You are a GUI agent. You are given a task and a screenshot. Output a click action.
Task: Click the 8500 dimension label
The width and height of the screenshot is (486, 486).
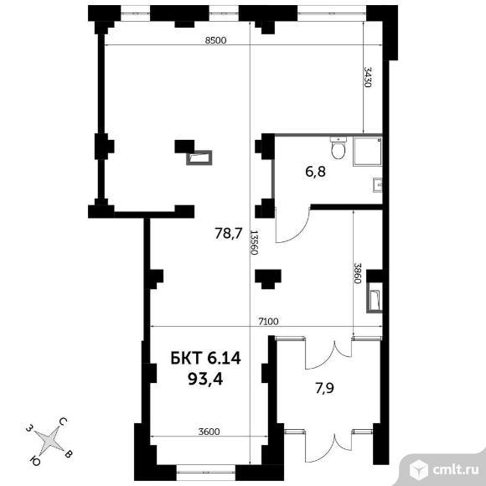coord(215,40)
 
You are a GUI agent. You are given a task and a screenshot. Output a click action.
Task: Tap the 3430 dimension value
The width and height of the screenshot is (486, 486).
coord(368,77)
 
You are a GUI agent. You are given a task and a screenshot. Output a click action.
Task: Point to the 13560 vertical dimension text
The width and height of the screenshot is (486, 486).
coord(254,242)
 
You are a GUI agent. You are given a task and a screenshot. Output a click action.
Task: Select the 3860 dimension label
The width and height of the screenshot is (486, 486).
coord(358,274)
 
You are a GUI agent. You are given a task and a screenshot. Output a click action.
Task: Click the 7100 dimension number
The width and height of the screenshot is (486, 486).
coord(268,322)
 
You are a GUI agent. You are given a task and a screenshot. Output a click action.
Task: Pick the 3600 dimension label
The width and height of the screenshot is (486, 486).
coord(209,432)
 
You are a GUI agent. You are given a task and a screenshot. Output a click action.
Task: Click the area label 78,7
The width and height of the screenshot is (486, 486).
coord(229,234)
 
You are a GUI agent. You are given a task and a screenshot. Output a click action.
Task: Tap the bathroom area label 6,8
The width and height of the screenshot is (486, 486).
coord(315,172)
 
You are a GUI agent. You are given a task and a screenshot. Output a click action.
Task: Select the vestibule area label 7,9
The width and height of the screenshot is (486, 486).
coord(324,388)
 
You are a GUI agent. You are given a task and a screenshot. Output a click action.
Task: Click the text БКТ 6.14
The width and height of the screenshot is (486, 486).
coord(205,359)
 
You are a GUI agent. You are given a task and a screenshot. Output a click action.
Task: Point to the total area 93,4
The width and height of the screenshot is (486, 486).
coord(205,379)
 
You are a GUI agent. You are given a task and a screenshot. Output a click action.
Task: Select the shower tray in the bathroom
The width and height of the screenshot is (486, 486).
coord(368,152)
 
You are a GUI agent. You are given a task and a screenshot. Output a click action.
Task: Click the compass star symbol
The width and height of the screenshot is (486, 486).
coord(49,439)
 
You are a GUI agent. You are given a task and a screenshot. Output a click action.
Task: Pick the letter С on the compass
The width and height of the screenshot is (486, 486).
coord(63,421)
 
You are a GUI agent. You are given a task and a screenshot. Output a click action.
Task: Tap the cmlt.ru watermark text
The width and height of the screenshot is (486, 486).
coord(455,470)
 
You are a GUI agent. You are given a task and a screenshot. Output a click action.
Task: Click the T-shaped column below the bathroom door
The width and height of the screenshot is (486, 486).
coord(268,279)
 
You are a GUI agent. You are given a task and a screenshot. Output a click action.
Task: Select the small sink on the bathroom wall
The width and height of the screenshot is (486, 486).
coord(378,185)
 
